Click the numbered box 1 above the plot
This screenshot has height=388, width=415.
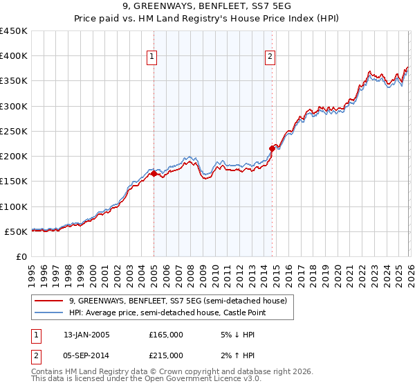pyautogui.click(x=151, y=58)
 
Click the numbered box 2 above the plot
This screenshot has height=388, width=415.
pyautogui.click(x=270, y=58)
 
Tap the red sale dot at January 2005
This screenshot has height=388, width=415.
pyautogui.click(x=154, y=174)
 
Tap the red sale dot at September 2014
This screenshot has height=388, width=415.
pyautogui.click(x=272, y=148)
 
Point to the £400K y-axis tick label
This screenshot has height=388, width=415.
pyautogui.click(x=14, y=56)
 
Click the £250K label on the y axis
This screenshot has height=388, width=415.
pyautogui.click(x=14, y=132)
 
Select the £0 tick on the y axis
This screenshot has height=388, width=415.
pyautogui.click(x=21, y=257)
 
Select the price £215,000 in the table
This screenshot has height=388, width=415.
pyautogui.click(x=166, y=355)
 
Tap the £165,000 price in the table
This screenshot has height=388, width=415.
pyautogui.click(x=166, y=335)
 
